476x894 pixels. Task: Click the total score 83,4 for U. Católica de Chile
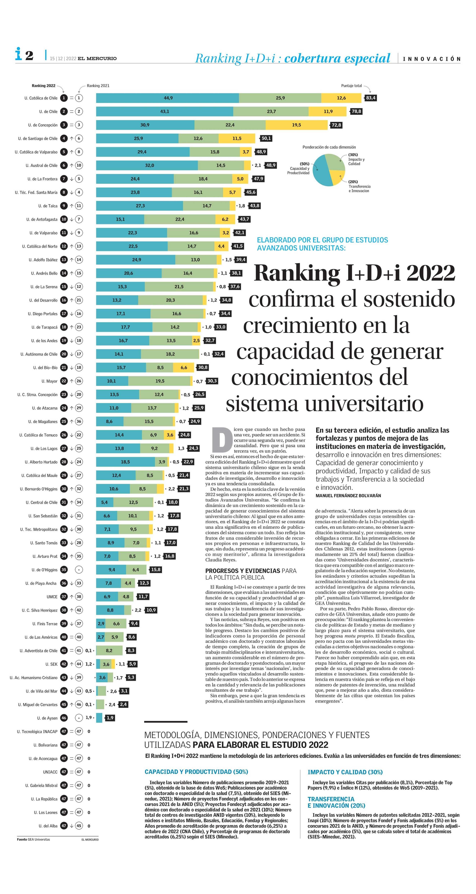(371, 98)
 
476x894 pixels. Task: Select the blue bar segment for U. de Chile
(164, 111)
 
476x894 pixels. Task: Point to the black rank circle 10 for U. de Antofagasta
(64, 219)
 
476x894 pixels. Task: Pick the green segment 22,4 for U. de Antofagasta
(180, 219)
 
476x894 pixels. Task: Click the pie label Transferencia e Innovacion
(359, 189)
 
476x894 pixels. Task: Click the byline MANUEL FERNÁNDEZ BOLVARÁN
(348, 496)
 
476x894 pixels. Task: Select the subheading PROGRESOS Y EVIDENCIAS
(243, 570)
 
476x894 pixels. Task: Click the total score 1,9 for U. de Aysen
(110, 718)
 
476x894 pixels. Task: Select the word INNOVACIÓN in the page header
(432, 59)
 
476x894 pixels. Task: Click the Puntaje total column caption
(351, 86)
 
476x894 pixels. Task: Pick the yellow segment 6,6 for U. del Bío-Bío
(184, 368)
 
